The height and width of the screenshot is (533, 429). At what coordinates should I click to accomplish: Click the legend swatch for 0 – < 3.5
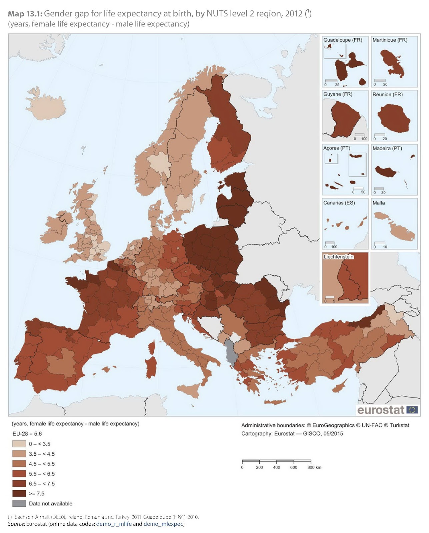pyautogui.click(x=19, y=444)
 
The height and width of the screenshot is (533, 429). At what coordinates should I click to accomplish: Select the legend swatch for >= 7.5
pyautogui.click(x=19, y=493)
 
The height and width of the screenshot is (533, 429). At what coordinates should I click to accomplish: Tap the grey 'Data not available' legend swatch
pyautogui.click(x=19, y=503)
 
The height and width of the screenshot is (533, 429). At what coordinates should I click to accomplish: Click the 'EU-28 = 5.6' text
pyautogui.click(x=27, y=434)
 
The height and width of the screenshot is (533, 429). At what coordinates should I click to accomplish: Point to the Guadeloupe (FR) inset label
pyautogui.click(x=342, y=40)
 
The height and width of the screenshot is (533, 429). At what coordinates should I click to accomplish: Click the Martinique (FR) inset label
pyautogui.click(x=390, y=40)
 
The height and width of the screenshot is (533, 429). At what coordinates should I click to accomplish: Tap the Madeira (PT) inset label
pyautogui.click(x=387, y=148)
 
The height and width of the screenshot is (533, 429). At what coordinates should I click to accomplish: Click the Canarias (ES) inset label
pyautogui.click(x=339, y=203)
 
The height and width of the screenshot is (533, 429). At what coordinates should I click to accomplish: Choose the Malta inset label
pyautogui.click(x=379, y=203)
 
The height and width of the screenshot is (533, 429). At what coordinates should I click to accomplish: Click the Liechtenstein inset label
pyautogui.click(x=338, y=257)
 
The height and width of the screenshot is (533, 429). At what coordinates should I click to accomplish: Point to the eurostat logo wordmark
pyautogui.click(x=381, y=410)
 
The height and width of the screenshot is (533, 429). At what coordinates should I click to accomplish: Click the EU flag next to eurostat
pyautogui.click(x=412, y=410)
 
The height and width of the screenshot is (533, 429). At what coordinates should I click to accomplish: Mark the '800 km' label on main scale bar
pyautogui.click(x=314, y=467)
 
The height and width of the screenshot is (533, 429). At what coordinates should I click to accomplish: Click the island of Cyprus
pyautogui.click(x=339, y=386)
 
